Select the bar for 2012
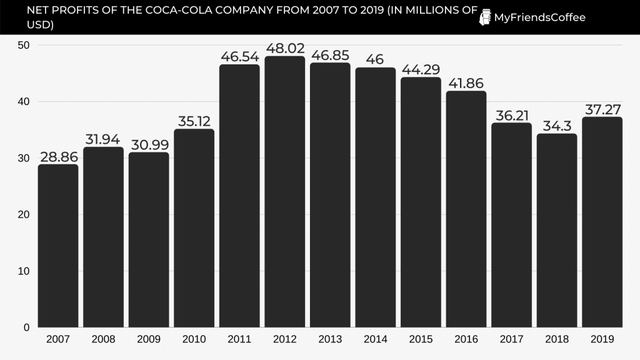(285, 191)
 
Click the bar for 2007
(58, 246)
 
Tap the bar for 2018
(557, 230)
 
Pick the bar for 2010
(194, 228)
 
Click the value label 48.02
(285, 48)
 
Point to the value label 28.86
(58, 156)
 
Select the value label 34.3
(557, 126)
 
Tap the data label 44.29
(421, 69)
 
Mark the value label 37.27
(602, 109)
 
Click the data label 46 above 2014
(376, 59)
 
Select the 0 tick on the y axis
(27, 327)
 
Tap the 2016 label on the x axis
(466, 339)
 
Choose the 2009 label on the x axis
(149, 339)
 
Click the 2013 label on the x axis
(330, 339)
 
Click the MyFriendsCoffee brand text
(539, 17)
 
